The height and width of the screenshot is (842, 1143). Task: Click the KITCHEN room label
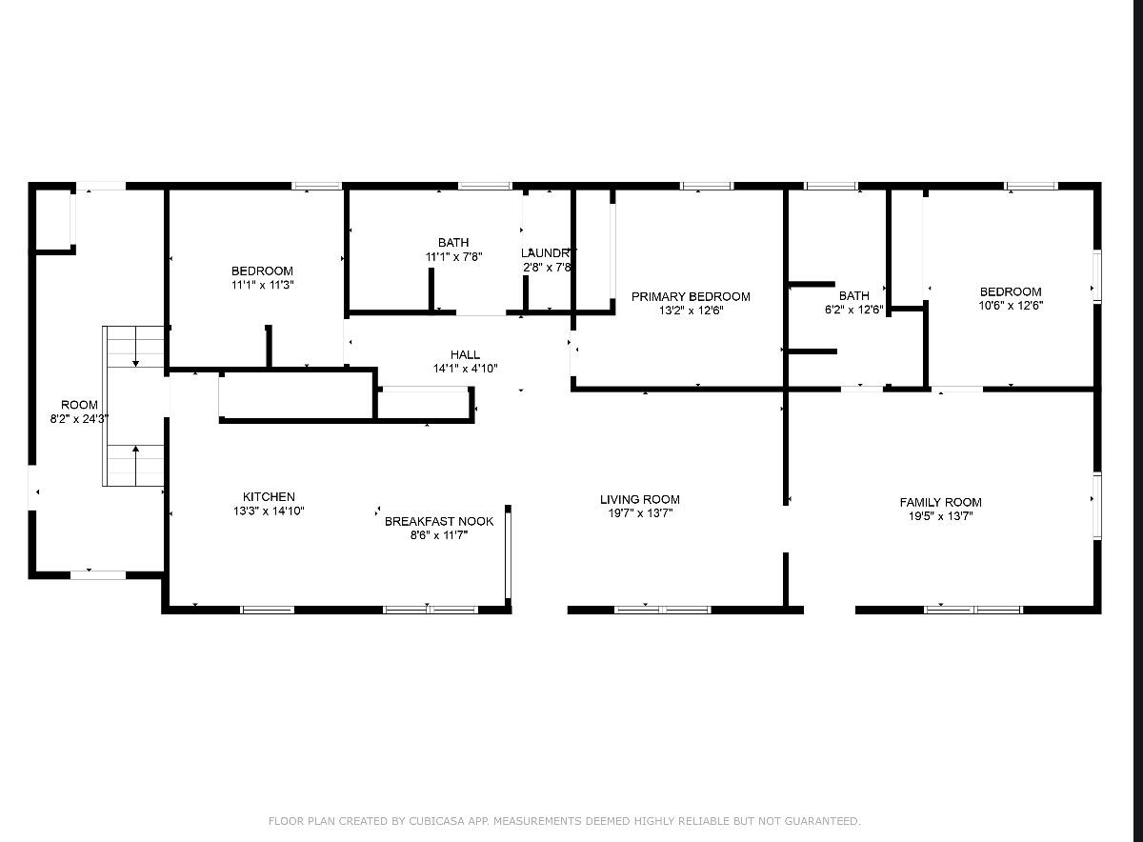coord(269,497)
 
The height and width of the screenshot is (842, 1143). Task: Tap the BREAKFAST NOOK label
coord(439,521)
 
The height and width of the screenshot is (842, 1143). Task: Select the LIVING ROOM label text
coord(640,500)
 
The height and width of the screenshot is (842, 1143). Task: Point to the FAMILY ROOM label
coord(941,502)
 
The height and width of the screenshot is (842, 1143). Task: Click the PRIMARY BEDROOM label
coord(691,296)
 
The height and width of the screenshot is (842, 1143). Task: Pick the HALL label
coord(466,355)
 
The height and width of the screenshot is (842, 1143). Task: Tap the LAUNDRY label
coord(548,253)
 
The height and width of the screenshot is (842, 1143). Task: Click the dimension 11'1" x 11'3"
coord(262,285)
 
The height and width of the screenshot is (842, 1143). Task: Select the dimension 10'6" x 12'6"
coord(1011,306)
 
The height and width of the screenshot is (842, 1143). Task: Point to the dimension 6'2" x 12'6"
coord(854,310)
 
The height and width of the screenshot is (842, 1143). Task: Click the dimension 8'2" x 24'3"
coord(80,418)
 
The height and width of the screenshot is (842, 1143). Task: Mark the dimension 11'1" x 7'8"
coord(454,257)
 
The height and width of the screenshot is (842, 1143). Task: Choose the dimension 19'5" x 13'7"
coord(941,516)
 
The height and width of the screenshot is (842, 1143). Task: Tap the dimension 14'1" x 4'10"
coord(466,369)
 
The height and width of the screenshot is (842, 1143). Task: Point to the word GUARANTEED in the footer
coord(826,821)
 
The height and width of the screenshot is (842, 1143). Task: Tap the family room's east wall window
coord(1097,503)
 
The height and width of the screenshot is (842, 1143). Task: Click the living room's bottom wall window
coord(662,610)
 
